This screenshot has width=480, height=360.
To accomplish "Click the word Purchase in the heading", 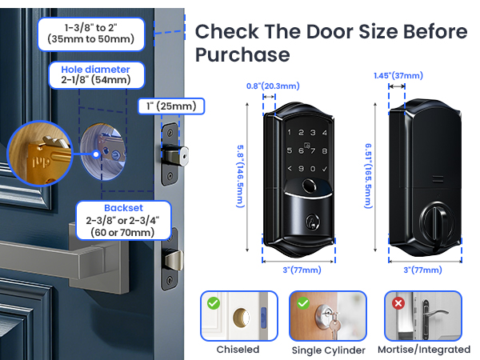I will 242,55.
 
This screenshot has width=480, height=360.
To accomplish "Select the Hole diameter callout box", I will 95,74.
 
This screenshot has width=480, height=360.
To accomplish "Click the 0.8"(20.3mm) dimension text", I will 273,86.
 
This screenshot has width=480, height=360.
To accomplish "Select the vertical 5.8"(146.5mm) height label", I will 239,165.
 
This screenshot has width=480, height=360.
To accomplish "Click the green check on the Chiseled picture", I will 212,304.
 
